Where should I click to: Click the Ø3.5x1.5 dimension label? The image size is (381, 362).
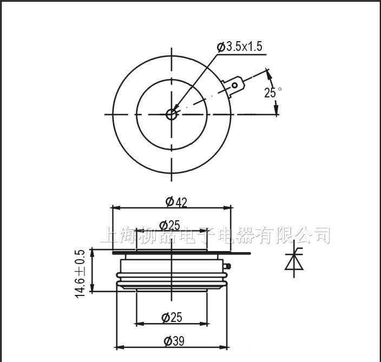click(239, 47)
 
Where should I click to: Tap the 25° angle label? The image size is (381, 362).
click(272, 93)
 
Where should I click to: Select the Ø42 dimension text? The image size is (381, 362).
click(176, 202)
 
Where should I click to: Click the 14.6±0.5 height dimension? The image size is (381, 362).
click(81, 273)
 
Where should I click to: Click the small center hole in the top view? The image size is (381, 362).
click(172, 114)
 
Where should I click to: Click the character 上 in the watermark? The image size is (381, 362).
click(109, 235)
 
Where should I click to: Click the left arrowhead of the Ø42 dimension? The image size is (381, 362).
click(115, 207)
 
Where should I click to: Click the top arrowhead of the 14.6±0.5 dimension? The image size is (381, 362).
click(93, 251)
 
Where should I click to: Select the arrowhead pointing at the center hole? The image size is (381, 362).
click(176, 109)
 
